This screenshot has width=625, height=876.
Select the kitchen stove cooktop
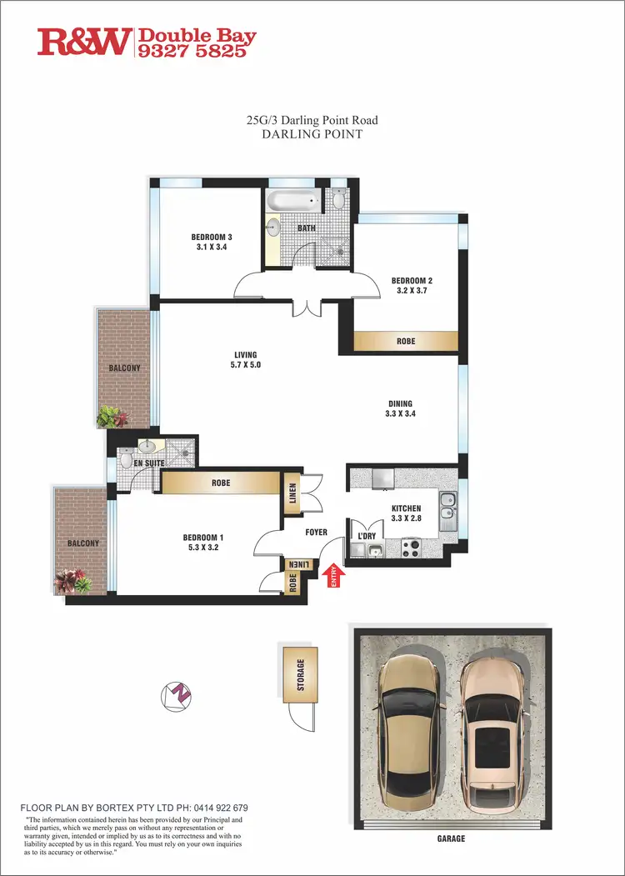[x=411, y=548]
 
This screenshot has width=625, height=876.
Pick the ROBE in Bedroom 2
[x=406, y=342]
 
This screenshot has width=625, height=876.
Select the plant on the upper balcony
[x=109, y=415]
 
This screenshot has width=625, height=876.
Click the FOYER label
[x=316, y=532]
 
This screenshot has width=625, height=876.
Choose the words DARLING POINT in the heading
[x=312, y=134]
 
